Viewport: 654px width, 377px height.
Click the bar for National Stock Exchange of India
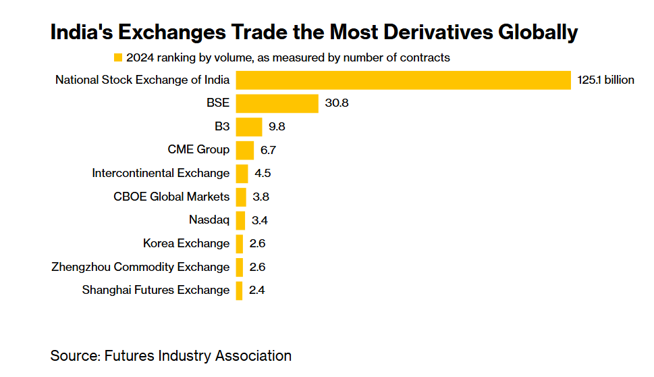click(404, 80)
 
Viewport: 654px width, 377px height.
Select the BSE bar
click(277, 103)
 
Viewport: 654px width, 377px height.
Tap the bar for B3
click(248, 127)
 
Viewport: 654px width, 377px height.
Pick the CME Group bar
click(244, 150)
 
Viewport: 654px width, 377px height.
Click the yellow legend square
click(119, 57)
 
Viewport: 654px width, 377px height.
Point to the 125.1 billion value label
click(606, 80)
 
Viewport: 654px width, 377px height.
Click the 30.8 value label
click(336, 103)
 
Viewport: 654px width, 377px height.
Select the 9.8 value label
click(277, 127)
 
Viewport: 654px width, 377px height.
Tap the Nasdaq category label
click(209, 220)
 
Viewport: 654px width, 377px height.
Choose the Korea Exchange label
click(186, 243)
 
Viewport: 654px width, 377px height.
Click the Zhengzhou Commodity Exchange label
click(140, 267)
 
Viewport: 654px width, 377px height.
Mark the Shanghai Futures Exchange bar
click(239, 291)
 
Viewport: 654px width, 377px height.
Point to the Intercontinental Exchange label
click(161, 173)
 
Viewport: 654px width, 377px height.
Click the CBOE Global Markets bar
click(241, 197)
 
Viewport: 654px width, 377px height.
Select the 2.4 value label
click(257, 291)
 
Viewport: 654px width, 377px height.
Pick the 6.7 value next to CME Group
click(269, 150)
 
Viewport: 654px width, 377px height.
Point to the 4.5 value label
click(263, 173)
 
